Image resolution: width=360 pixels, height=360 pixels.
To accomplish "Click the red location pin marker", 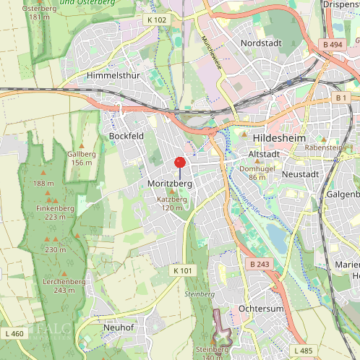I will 180,162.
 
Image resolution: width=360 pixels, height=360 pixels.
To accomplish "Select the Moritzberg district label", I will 169,184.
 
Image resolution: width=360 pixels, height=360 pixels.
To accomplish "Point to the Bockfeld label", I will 127,136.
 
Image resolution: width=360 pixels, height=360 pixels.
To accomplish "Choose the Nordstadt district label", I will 262,43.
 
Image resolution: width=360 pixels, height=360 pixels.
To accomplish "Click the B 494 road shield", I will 333,45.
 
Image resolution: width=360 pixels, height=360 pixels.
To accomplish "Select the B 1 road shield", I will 341,97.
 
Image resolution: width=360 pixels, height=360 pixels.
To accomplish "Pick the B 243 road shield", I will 260,264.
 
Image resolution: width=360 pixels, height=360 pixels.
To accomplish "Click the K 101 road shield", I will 183,270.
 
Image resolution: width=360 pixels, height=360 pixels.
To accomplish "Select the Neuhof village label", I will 119,327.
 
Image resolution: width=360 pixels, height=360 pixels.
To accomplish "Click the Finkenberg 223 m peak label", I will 55,213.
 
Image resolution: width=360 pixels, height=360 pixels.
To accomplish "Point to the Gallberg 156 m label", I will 81,158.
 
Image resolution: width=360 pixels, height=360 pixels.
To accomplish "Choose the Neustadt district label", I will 301,174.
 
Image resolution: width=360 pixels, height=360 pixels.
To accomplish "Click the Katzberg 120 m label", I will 172,203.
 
